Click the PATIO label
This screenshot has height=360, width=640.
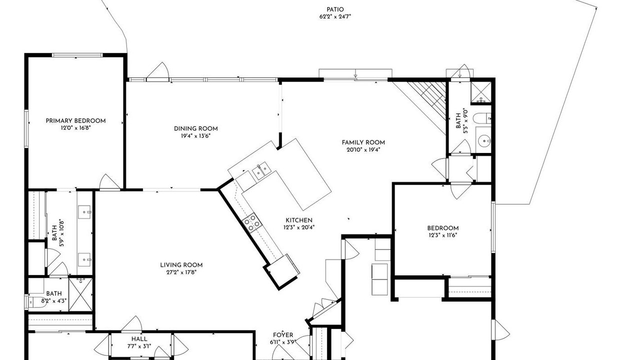[x=335, y=9]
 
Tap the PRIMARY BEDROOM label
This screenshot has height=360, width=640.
[x=75, y=121]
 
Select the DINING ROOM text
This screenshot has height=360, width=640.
[x=195, y=128]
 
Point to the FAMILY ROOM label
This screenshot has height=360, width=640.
[x=363, y=142]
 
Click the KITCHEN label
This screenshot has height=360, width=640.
[x=299, y=220]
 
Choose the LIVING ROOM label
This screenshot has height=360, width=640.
[x=181, y=265]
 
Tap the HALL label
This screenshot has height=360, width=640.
[x=139, y=339]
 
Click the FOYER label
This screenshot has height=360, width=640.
[x=283, y=335]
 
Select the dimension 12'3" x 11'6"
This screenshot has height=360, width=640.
[x=443, y=235]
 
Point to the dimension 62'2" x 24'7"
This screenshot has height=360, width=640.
[x=335, y=16]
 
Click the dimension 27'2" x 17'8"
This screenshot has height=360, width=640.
[x=181, y=272]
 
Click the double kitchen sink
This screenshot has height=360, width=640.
[x=261, y=170]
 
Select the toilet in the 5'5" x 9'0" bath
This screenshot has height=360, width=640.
[x=481, y=118]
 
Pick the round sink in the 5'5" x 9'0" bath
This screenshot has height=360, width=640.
[x=483, y=140]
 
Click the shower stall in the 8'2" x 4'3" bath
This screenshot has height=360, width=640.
[x=80, y=294]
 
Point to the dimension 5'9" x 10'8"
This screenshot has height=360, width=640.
[x=57, y=233]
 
